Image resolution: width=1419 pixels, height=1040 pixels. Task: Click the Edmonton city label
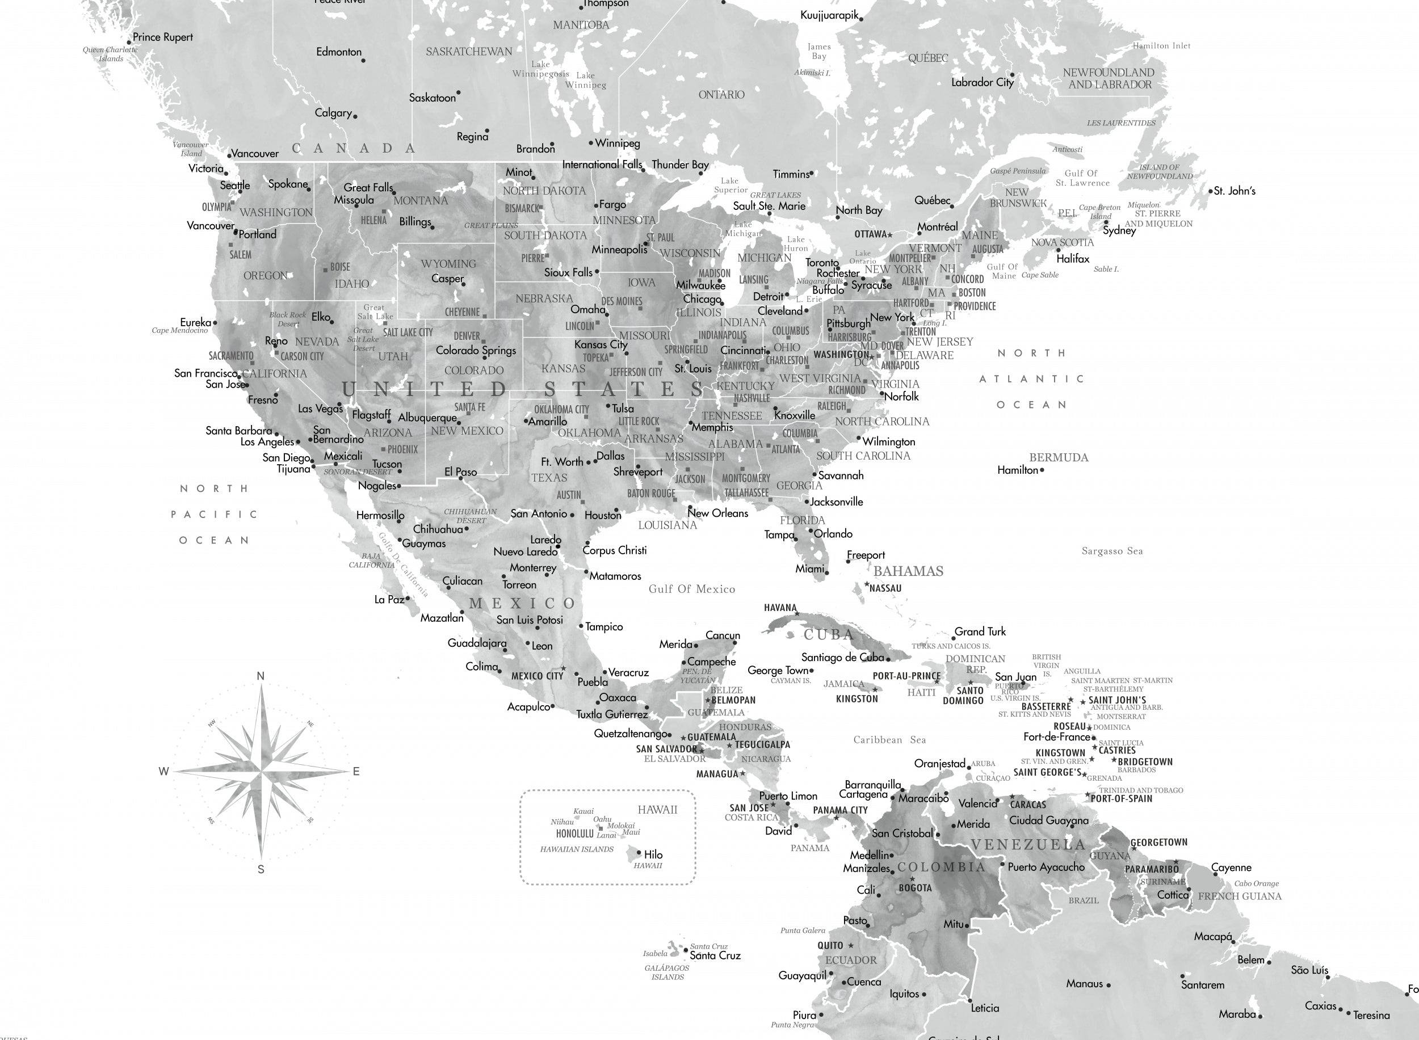click(x=339, y=52)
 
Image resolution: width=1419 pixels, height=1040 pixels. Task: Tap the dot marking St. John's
click(x=1211, y=191)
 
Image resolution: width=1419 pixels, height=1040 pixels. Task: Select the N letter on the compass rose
click(x=261, y=676)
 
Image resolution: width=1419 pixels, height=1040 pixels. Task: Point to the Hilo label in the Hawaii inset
click(x=653, y=854)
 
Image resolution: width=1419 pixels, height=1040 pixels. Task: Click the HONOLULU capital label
click(x=574, y=833)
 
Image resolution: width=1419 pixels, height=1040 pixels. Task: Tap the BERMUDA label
click(x=1059, y=458)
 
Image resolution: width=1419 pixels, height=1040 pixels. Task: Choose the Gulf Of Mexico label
click(x=691, y=590)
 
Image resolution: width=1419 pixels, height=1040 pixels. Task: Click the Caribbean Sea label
click(x=889, y=740)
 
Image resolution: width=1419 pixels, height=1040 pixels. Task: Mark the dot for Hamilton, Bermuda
click(x=1042, y=470)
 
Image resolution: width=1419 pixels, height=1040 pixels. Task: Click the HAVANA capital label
click(x=780, y=608)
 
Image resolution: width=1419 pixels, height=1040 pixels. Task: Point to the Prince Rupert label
click(x=162, y=37)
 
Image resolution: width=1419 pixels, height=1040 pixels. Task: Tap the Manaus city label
click(x=1085, y=983)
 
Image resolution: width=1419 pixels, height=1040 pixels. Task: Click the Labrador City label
click(x=983, y=82)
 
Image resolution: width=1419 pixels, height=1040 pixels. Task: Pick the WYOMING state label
click(x=448, y=264)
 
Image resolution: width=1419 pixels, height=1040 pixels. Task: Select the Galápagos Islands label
click(x=667, y=972)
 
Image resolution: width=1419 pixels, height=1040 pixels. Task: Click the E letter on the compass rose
click(x=356, y=771)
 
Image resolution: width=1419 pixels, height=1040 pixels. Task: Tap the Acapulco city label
click(x=529, y=707)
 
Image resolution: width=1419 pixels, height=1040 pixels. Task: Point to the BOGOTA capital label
click(x=915, y=889)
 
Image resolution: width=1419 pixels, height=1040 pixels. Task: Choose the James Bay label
click(x=820, y=51)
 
